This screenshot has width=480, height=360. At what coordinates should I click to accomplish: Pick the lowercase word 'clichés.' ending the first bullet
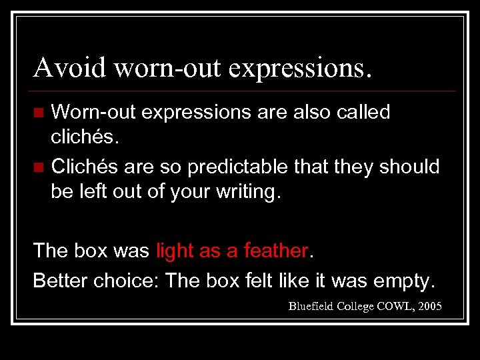(x=83, y=138)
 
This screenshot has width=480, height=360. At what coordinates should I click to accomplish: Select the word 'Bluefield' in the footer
(x=311, y=306)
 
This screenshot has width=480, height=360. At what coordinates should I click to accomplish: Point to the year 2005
(x=431, y=306)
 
